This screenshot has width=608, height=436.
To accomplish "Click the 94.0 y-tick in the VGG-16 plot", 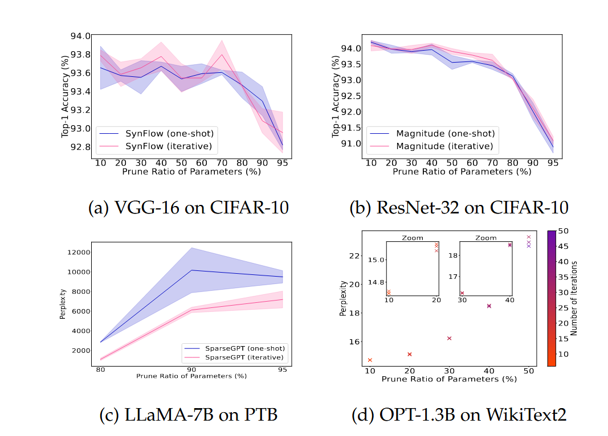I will coord(80,36).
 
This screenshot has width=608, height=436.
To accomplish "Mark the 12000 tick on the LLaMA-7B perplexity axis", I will coord(77,252).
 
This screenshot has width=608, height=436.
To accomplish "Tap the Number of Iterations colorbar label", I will coord(575,298).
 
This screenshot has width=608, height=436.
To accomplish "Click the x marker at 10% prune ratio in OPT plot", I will coord(370,360).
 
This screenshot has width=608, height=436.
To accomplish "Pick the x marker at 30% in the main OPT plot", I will coord(450,338).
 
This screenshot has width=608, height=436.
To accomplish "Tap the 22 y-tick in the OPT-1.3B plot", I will coord(354,256).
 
